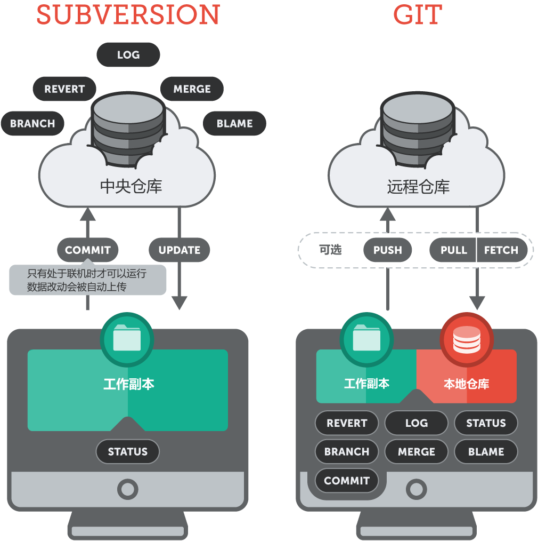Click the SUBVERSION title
click(128, 15)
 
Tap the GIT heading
click(418, 15)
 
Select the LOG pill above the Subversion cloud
click(128, 55)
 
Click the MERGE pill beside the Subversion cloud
click(192, 89)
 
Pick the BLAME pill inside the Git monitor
click(486, 452)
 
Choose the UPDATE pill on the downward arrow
click(180, 250)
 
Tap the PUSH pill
click(387, 250)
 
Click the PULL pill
click(453, 250)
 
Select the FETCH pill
click(501, 250)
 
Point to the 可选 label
click(330, 250)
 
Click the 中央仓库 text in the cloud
click(131, 186)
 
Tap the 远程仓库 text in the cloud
click(418, 186)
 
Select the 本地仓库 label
click(466, 384)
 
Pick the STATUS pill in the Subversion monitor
click(127, 452)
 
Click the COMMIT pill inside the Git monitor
click(346, 481)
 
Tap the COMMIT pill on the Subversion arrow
click(87, 250)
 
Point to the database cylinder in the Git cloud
click(418, 128)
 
